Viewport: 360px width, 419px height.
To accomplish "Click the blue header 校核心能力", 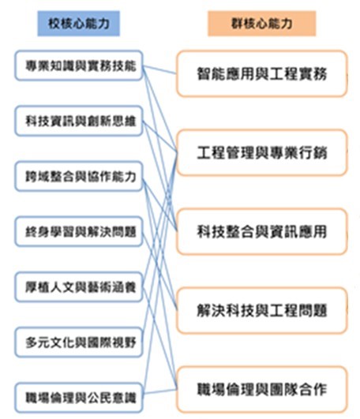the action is click(79, 24).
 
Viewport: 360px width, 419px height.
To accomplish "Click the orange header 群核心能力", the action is click(261, 24).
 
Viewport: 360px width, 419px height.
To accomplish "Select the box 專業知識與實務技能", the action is click(79, 65).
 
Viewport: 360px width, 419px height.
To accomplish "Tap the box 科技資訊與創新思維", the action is click(79, 121).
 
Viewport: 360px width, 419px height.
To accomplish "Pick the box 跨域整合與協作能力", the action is click(79, 177).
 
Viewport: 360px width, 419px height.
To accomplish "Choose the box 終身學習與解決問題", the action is click(79, 232).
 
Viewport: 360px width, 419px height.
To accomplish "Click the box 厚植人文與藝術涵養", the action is click(79, 287).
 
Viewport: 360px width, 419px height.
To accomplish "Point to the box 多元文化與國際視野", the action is click(79, 342).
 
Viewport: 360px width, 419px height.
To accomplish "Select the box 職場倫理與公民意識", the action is click(79, 398).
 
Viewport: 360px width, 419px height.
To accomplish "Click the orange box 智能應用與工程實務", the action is click(262, 73).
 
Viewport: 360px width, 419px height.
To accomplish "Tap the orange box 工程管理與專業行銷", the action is click(262, 152).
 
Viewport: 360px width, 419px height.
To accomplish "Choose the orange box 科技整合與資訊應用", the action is click(262, 231).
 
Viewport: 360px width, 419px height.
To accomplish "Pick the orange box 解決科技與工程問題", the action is click(262, 311).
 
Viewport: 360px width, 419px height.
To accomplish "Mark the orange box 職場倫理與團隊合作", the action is click(262, 389).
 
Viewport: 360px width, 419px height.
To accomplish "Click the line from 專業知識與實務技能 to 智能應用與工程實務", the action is click(159, 69).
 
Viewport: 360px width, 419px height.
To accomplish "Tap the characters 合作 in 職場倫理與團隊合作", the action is click(313, 389).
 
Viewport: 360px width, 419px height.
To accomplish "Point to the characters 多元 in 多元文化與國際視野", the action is click(37, 342).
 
